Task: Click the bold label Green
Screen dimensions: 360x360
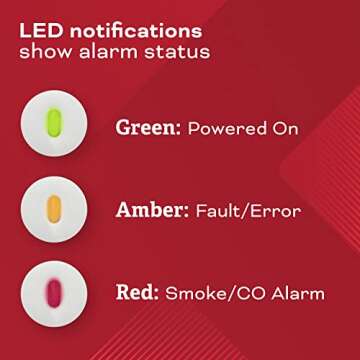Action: coord(146,128)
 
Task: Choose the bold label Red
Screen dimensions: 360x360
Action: coord(134,292)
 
